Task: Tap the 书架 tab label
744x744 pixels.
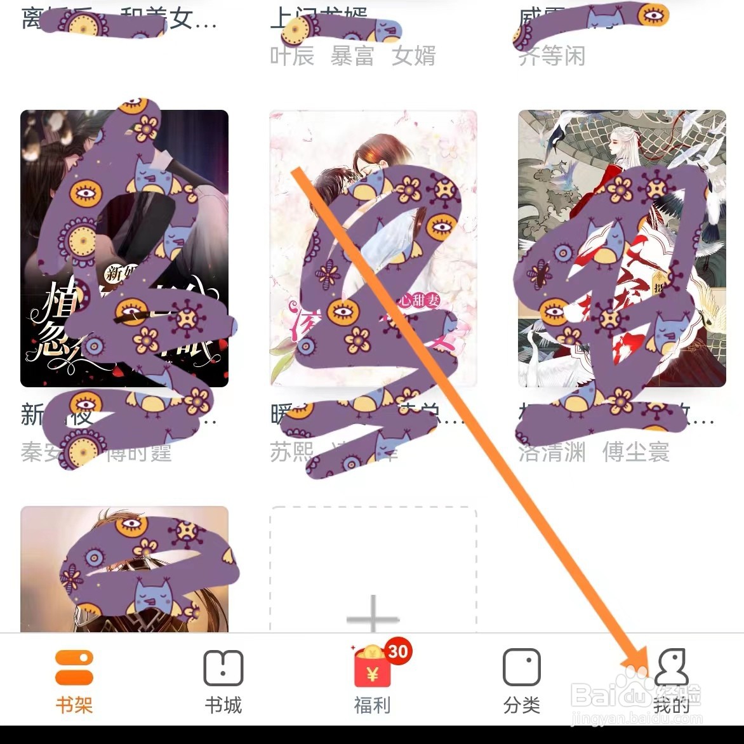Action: pos(74,705)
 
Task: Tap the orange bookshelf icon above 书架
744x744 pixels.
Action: pos(74,667)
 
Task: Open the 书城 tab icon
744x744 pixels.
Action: pos(223,667)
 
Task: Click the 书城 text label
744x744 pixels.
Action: pos(223,705)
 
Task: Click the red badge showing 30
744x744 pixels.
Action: pos(398,651)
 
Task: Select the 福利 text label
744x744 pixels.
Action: pos(372,705)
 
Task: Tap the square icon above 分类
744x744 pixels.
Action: pos(521,667)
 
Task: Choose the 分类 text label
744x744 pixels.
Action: pos(521,705)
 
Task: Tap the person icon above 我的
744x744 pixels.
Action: pos(671,666)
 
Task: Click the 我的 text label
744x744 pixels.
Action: pos(671,705)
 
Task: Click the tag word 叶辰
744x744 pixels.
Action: pos(292,56)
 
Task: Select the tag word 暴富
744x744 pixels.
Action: pos(352,56)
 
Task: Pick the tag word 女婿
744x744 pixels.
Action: pos(414,56)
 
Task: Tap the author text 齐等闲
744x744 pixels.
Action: pos(552,56)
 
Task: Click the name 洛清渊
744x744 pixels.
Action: pos(552,452)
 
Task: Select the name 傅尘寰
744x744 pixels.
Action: pos(636,452)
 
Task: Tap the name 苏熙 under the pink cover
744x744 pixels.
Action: pos(292,452)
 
